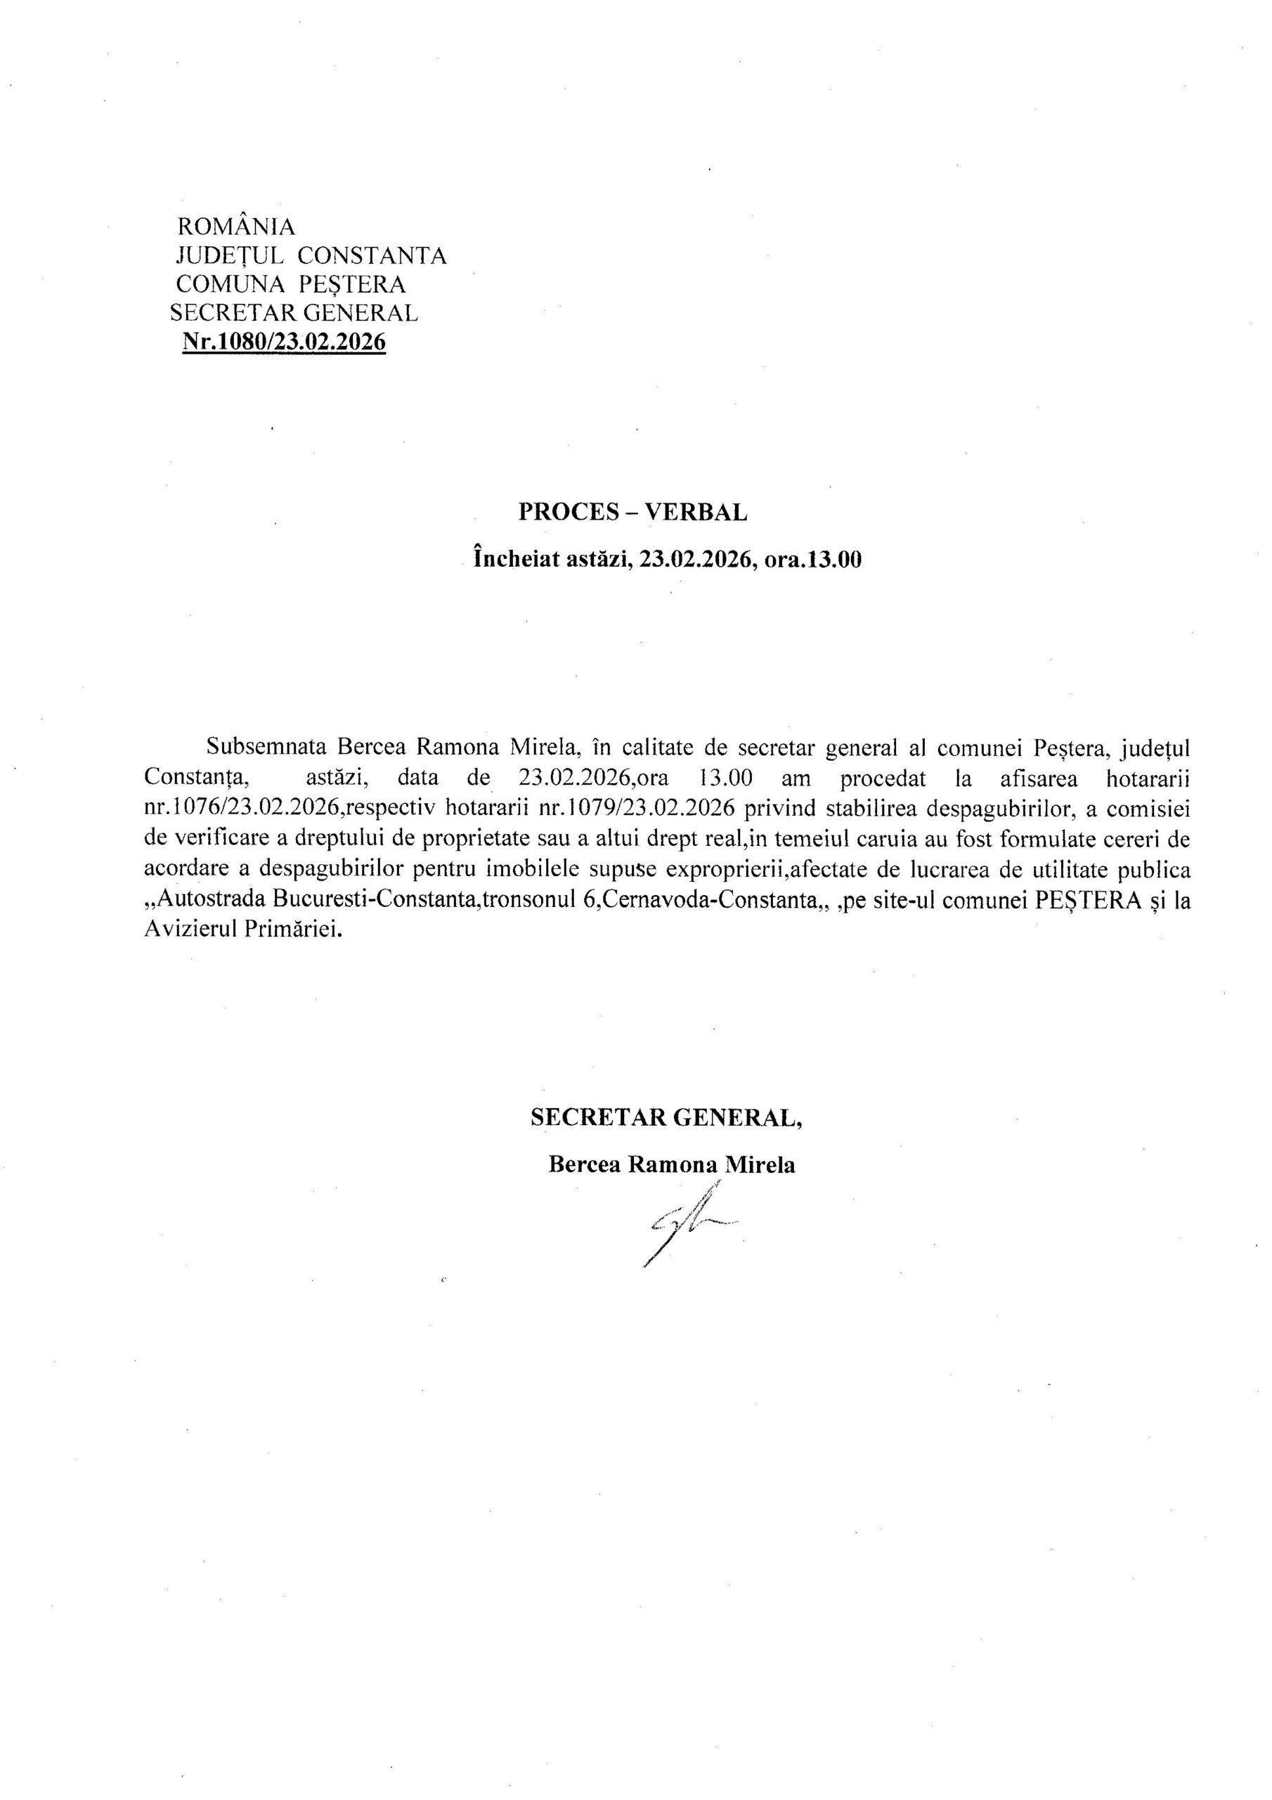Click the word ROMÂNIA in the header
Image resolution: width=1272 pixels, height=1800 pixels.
click(237, 226)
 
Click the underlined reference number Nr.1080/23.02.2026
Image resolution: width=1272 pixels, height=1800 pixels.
click(284, 342)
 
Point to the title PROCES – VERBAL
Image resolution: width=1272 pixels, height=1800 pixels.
click(632, 512)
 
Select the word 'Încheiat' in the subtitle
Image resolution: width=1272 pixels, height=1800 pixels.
click(510, 560)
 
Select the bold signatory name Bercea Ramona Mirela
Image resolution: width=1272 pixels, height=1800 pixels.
click(672, 1165)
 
